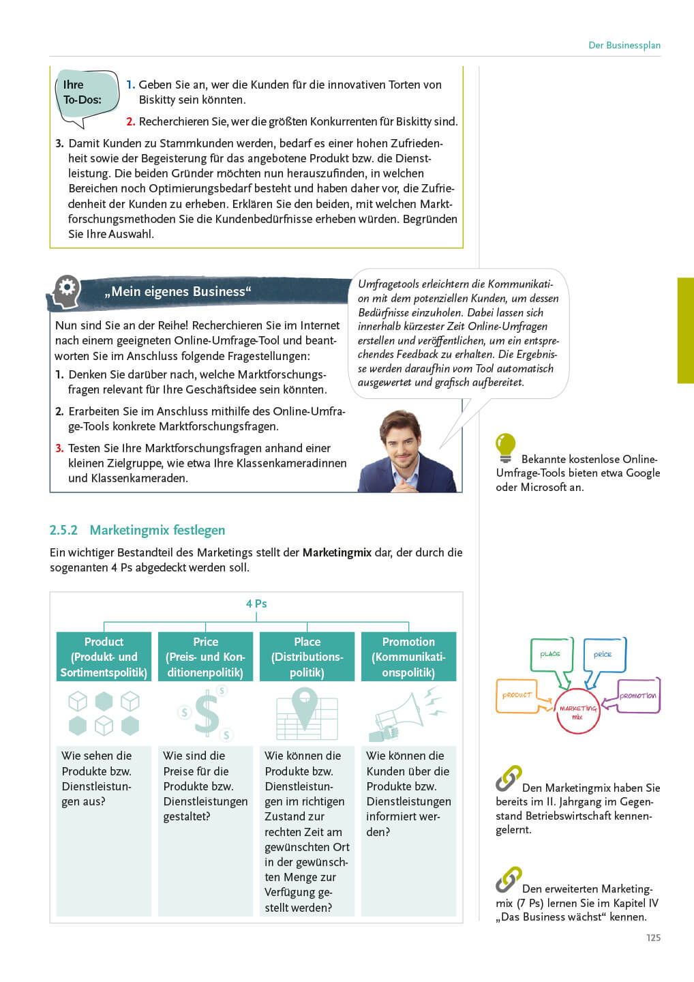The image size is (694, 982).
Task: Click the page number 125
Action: (x=653, y=938)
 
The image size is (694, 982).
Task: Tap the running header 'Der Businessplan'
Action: (x=624, y=45)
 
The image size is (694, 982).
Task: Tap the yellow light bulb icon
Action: (x=505, y=447)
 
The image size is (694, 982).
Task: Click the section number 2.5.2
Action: (x=63, y=530)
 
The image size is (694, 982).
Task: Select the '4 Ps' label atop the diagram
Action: (x=256, y=604)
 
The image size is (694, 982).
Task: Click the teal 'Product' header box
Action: (x=104, y=657)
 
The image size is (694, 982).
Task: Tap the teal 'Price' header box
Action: (x=205, y=657)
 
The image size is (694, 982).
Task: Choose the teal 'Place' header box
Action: (x=307, y=657)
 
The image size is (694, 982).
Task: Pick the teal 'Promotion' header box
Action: (x=408, y=657)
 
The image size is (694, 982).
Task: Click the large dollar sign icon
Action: (x=207, y=713)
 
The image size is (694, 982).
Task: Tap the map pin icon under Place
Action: (x=305, y=706)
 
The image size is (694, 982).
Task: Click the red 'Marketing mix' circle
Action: (x=577, y=711)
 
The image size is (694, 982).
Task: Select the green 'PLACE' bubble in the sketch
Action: (x=551, y=655)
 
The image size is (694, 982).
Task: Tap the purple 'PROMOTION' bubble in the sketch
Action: (x=639, y=696)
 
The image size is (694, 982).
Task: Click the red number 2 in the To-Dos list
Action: (x=130, y=121)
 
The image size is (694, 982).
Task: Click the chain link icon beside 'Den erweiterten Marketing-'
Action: (x=508, y=879)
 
